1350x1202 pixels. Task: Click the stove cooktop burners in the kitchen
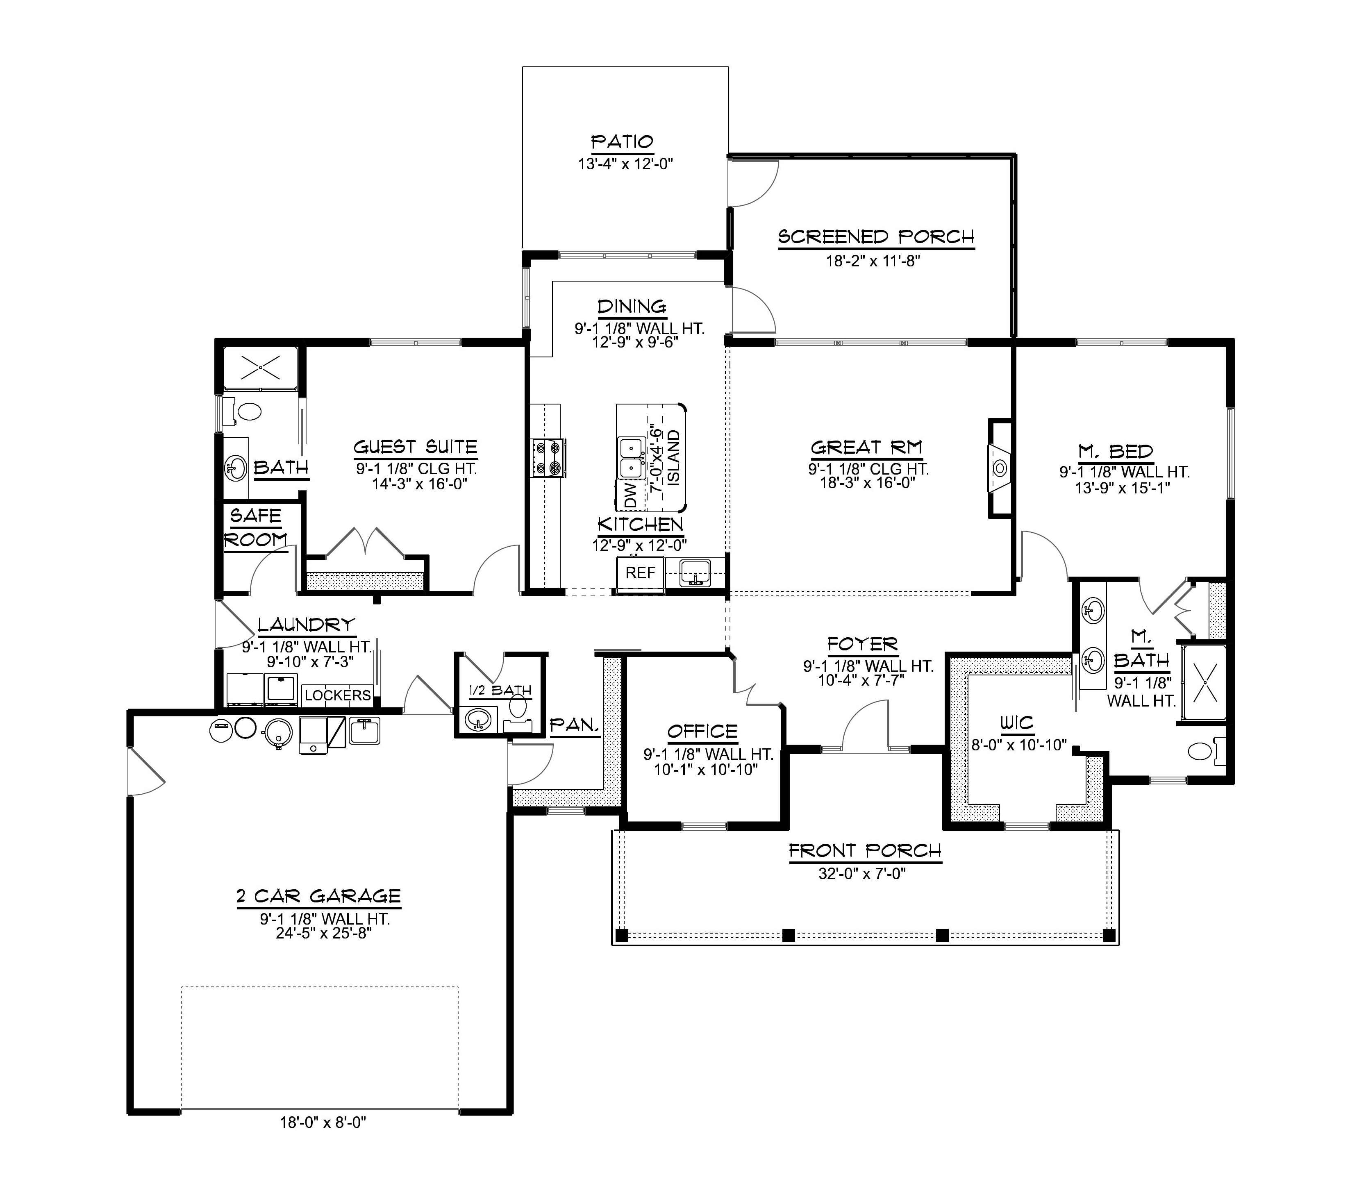(549, 458)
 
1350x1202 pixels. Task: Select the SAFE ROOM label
(256, 527)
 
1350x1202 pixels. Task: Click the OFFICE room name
(702, 732)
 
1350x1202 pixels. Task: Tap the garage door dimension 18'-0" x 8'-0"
(322, 1122)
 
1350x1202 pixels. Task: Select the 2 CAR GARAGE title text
(319, 897)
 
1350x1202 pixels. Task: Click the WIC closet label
(1016, 723)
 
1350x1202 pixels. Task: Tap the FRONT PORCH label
(865, 851)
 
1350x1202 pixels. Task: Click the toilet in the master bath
(1201, 751)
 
